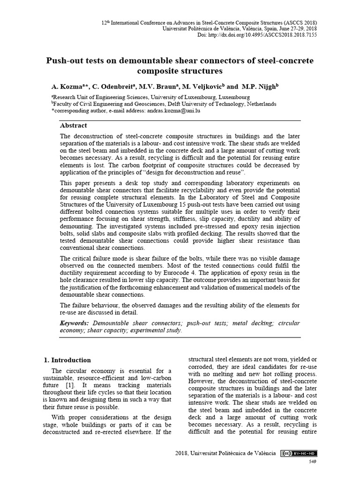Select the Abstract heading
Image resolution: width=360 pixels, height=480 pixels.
(x=73, y=126)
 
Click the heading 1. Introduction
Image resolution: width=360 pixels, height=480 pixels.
(x=67, y=360)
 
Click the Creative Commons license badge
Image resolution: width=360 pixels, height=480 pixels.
(x=299, y=453)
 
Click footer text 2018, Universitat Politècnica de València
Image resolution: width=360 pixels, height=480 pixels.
(x=225, y=453)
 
